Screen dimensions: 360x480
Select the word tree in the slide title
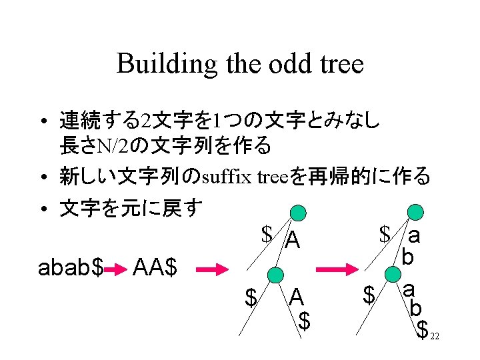tap(339, 65)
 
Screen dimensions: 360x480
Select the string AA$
tap(155, 268)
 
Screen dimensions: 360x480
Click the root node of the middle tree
tap(300, 213)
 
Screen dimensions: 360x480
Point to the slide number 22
tap(434, 337)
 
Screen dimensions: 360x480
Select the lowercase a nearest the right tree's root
tap(414, 235)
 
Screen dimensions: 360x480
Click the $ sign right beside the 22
tap(421, 329)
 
